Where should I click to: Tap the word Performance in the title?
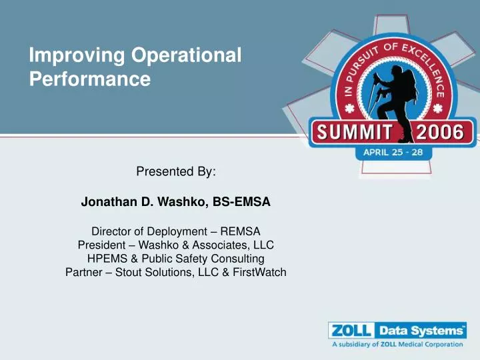pyautogui.click(x=90, y=81)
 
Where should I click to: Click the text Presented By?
pyautogui.click(x=176, y=171)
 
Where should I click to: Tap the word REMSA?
pyautogui.click(x=242, y=232)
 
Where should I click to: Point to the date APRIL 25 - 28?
pyautogui.click(x=397, y=152)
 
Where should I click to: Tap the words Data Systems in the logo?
pyautogui.click(x=421, y=331)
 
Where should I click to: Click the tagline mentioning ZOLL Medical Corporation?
pyautogui.click(x=397, y=345)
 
